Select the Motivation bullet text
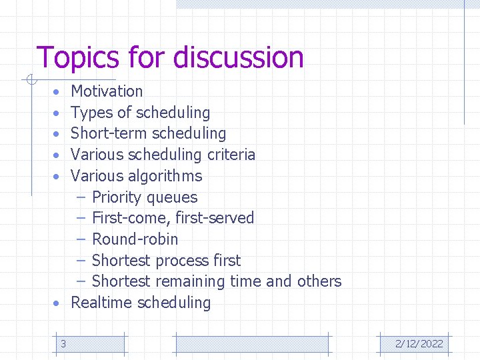(107, 91)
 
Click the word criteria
(231, 155)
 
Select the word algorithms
(165, 176)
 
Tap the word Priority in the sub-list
(117, 197)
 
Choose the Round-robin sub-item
(135, 239)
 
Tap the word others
(319, 281)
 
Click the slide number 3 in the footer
(63, 344)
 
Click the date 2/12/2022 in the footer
(419, 344)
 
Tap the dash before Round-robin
(81, 239)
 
